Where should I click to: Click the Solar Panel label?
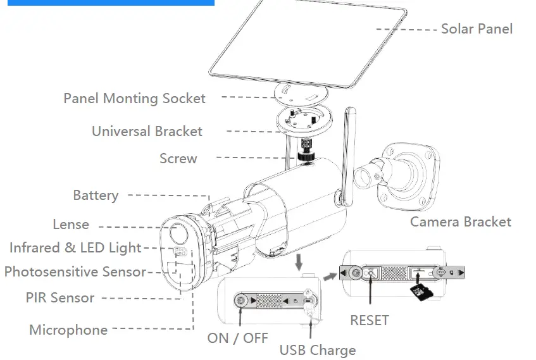pos(477,28)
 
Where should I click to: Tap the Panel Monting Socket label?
pos(134,99)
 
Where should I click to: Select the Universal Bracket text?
pos(147,132)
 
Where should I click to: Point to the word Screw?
pos(178,159)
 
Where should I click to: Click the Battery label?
pos(96,196)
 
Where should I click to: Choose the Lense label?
pos(70,225)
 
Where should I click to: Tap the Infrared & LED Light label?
pos(75,248)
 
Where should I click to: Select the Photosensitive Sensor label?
pos(75,272)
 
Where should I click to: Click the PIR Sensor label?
pos(60,298)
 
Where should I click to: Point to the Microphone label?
pos(68,330)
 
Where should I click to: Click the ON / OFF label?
pos(237,338)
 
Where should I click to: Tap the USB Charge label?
pos(318,351)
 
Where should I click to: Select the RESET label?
pos(370,321)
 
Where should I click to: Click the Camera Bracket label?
pos(460,222)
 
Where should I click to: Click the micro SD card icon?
pos(418,292)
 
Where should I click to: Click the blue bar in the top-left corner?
pos(107,3)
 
